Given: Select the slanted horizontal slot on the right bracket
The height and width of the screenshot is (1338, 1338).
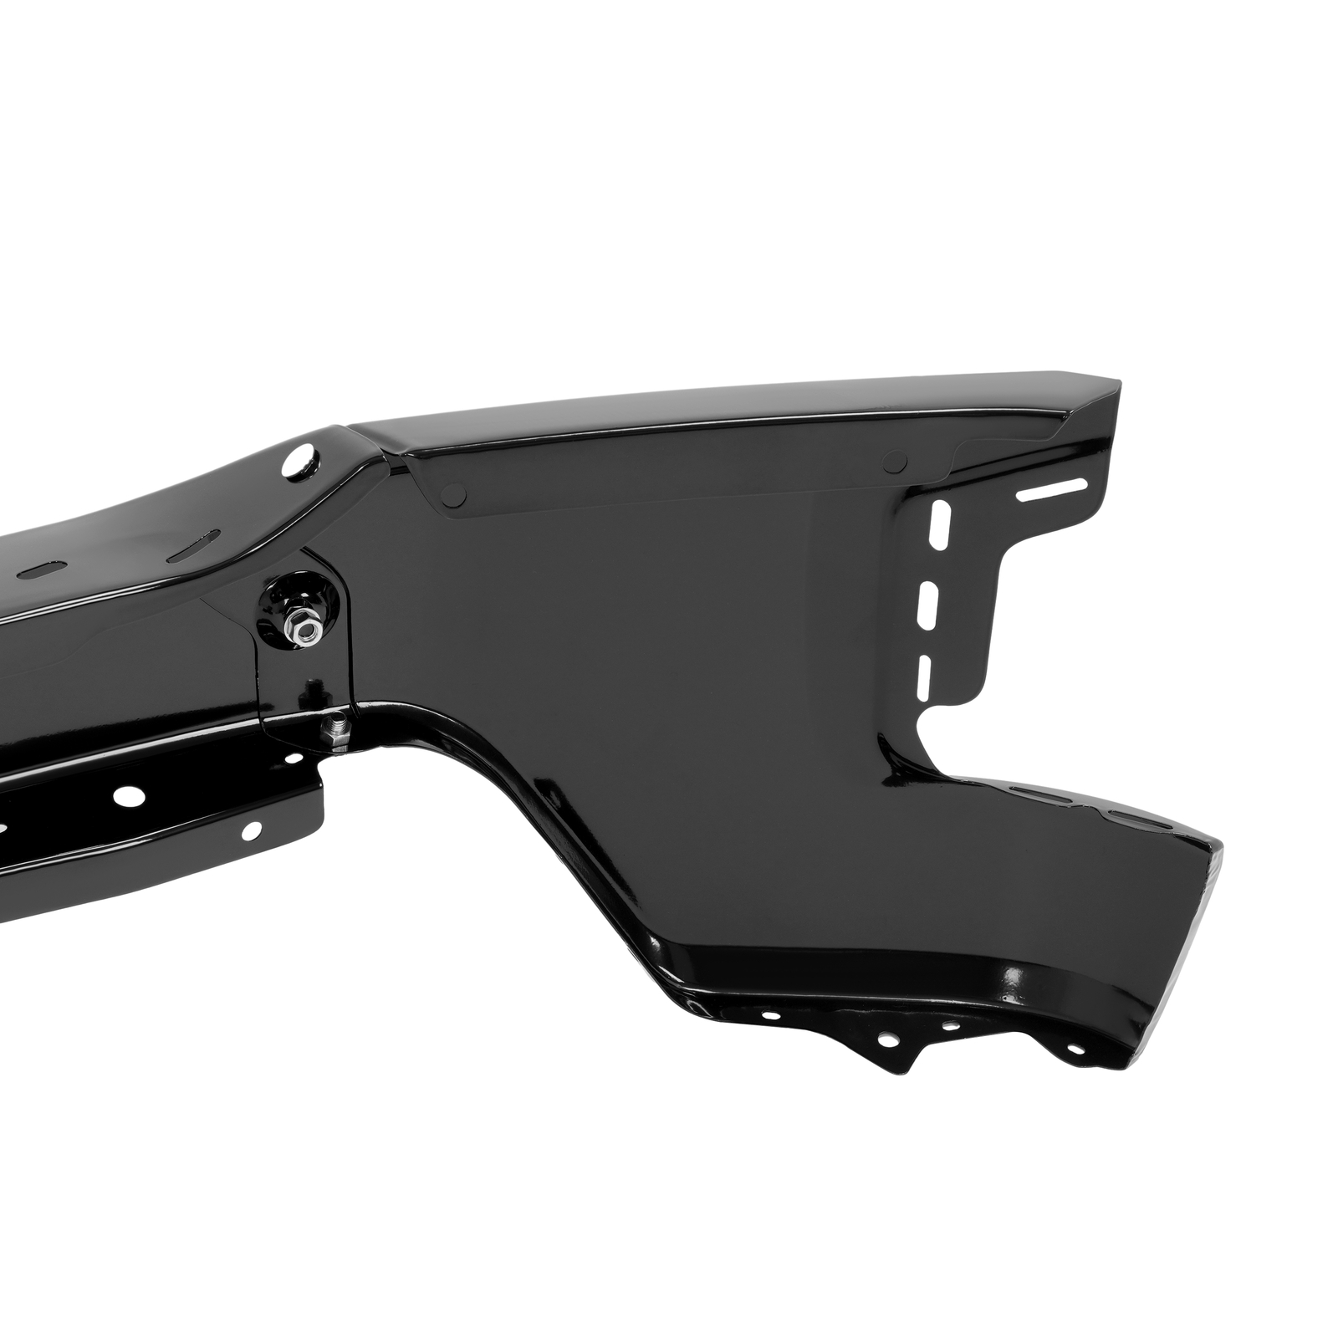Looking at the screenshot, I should [1052, 491].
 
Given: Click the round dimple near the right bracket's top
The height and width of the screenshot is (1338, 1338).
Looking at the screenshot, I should [895, 458].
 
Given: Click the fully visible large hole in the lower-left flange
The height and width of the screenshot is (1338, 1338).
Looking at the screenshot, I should [126, 795].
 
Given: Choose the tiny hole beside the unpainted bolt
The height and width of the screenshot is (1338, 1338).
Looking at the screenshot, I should [294, 758].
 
